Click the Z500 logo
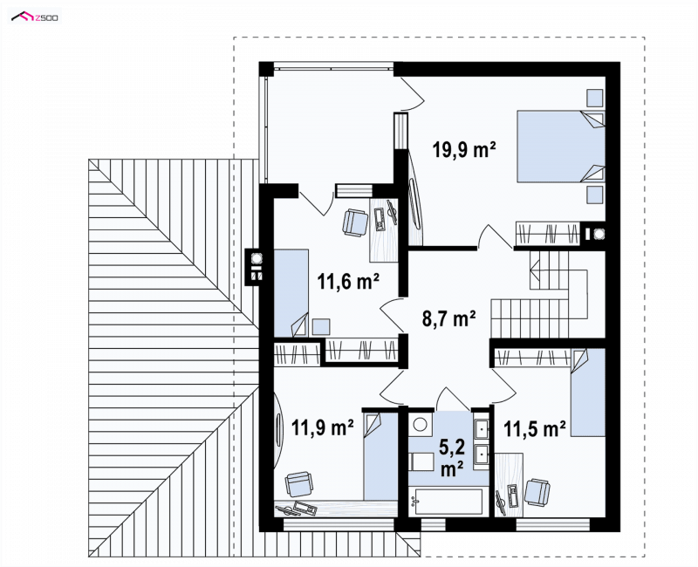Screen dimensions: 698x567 [x=35, y=17]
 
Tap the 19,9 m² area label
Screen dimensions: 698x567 [x=464, y=149]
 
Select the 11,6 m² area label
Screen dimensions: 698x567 [x=348, y=281]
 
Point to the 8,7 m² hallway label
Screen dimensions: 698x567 [x=448, y=318]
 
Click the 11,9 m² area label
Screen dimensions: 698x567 [x=322, y=427]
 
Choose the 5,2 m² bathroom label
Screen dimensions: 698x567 [x=452, y=457]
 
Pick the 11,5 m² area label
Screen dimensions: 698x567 [x=535, y=428]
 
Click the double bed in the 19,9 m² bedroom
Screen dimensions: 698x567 [x=561, y=147]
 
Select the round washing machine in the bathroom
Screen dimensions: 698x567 [x=420, y=424]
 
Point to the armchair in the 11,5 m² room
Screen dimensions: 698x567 [x=537, y=492]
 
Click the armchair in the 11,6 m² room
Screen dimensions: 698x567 [x=355, y=222]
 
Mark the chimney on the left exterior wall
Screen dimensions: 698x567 [x=256, y=266]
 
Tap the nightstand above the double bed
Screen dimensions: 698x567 [x=594, y=99]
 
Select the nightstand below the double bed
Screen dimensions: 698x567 [x=594, y=195]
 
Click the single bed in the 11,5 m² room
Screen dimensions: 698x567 [x=588, y=392]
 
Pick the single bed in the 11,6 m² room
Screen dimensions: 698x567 [x=291, y=293]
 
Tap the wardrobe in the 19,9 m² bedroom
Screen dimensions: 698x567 [x=548, y=233]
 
